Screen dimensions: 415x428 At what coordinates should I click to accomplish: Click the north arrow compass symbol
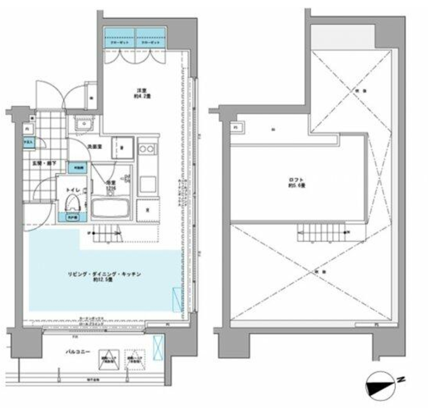point(381,388)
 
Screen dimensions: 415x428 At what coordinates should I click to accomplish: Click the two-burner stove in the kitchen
point(146,148)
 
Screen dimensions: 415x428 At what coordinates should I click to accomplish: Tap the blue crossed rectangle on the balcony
point(158,346)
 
